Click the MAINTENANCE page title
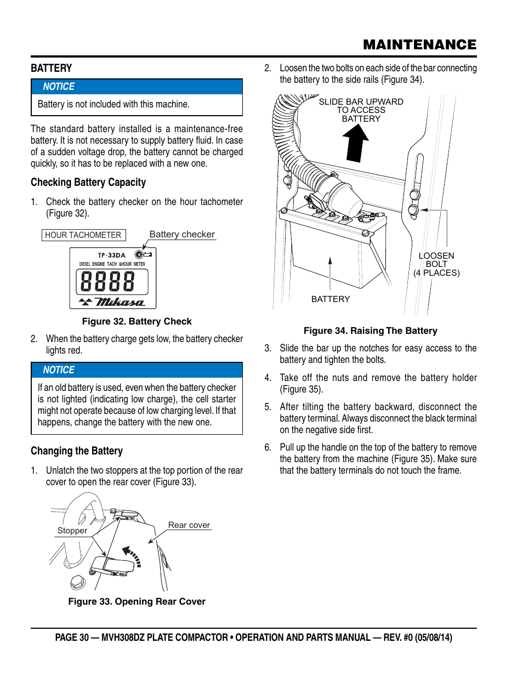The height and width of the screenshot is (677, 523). click(419, 45)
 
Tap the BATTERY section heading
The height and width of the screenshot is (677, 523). click(52, 69)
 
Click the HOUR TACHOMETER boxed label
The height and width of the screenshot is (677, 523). click(83, 235)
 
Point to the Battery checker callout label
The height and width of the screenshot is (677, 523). click(182, 235)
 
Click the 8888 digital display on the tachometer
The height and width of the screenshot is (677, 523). click(107, 282)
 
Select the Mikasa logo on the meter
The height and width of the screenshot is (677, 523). click(120, 302)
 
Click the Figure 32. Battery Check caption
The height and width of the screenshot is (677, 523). click(137, 322)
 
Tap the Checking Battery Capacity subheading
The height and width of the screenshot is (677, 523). click(88, 183)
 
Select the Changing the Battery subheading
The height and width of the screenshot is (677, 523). click(77, 451)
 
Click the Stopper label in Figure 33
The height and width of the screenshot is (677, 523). click(72, 531)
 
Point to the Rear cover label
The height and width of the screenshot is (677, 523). click(189, 525)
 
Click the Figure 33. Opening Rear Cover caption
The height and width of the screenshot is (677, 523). click(137, 602)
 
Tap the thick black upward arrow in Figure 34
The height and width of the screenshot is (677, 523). click(356, 143)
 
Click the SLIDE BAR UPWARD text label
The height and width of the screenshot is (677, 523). click(361, 102)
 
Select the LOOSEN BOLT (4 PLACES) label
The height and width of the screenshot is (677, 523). click(436, 264)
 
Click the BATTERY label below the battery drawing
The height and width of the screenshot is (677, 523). click(331, 299)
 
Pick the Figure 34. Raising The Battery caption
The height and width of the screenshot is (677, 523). click(370, 331)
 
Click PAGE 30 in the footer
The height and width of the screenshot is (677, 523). click(71, 638)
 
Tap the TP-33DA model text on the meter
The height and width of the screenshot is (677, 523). click(112, 255)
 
